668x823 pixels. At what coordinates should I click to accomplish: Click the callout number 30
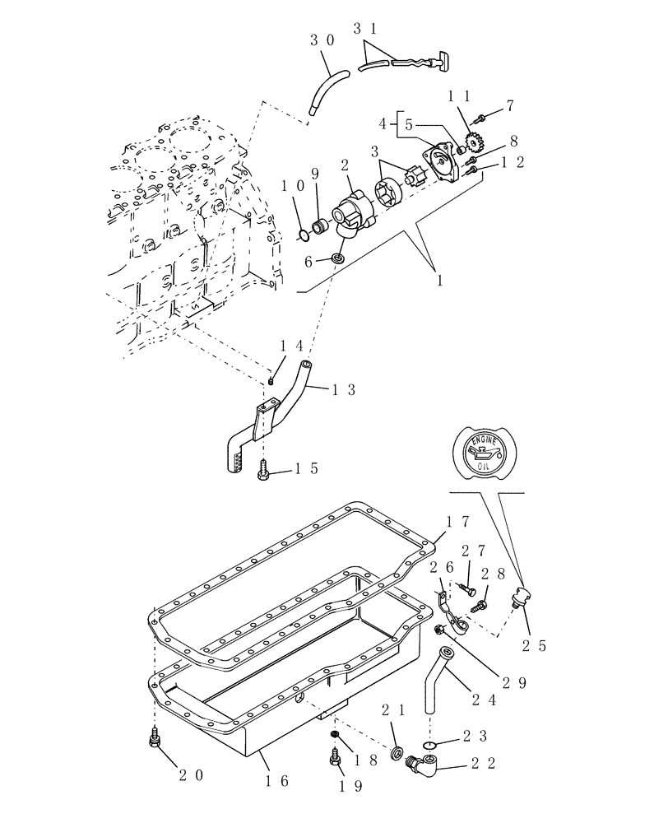click(x=323, y=39)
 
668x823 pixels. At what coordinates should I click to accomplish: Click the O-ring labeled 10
click(x=304, y=236)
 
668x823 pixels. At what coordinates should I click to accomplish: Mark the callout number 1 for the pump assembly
click(x=439, y=280)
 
